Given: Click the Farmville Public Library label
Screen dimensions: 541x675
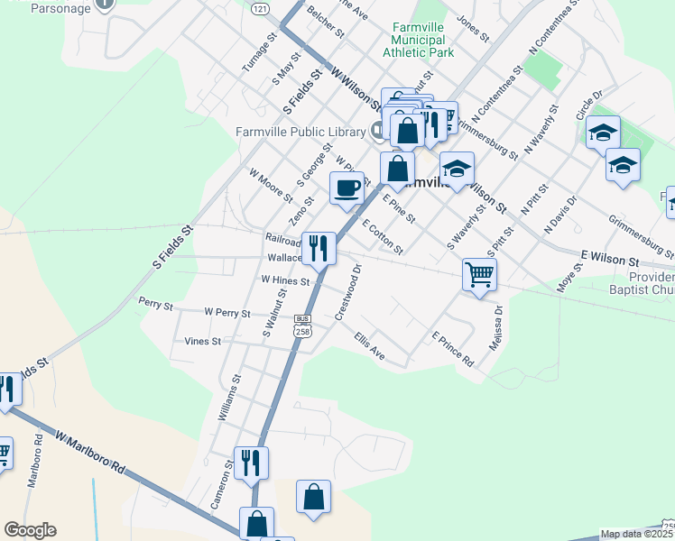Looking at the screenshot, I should point(300,132).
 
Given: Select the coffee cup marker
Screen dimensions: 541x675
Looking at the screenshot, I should point(347,188).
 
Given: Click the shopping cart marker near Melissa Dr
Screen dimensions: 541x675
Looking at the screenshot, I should point(479,273).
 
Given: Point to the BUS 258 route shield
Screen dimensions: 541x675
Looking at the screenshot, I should point(302,326).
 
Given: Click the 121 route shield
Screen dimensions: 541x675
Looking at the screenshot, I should point(260,8).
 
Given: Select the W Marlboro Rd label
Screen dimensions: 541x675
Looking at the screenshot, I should point(89,453).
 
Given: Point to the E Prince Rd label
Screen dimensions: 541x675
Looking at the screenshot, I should point(453,349).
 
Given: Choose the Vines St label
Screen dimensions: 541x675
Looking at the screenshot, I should point(202,342).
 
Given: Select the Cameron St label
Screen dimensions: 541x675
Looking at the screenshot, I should point(222,482).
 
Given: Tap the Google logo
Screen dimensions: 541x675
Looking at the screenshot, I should point(30,530).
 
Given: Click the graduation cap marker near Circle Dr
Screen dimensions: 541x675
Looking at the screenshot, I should point(603,133).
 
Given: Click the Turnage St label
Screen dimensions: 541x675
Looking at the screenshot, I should point(257,57).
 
